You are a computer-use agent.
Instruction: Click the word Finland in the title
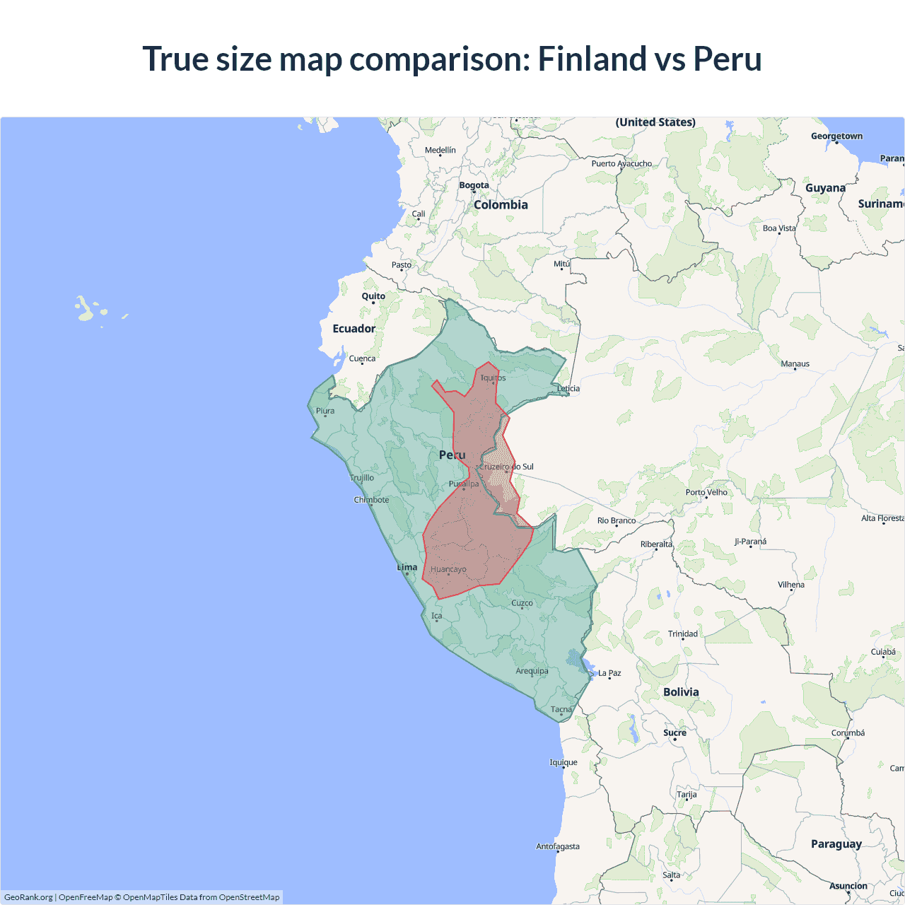[x=591, y=59]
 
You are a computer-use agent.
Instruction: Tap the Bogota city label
[x=474, y=185]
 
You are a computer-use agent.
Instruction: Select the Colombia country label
[x=501, y=205]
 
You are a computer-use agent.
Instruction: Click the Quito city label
[x=373, y=296]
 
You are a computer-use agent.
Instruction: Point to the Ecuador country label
[x=354, y=329]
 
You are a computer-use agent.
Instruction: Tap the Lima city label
[x=407, y=567]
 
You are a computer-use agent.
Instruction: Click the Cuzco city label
[x=522, y=603]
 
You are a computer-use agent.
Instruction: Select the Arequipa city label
[x=532, y=671]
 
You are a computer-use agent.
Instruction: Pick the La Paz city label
[x=609, y=673]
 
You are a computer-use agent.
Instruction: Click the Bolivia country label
[x=681, y=692]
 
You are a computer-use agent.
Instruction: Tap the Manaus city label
[x=795, y=363]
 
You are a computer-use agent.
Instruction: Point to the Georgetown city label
[x=836, y=136]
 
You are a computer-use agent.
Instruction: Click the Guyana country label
[x=825, y=188]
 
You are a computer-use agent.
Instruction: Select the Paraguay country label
[x=836, y=844]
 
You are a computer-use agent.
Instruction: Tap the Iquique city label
[x=564, y=762]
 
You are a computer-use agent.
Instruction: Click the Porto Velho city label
[x=706, y=492]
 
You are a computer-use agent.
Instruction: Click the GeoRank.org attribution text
[x=28, y=897]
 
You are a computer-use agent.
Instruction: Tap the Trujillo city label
[x=362, y=478]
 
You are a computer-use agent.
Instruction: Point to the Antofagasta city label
[x=558, y=846]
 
